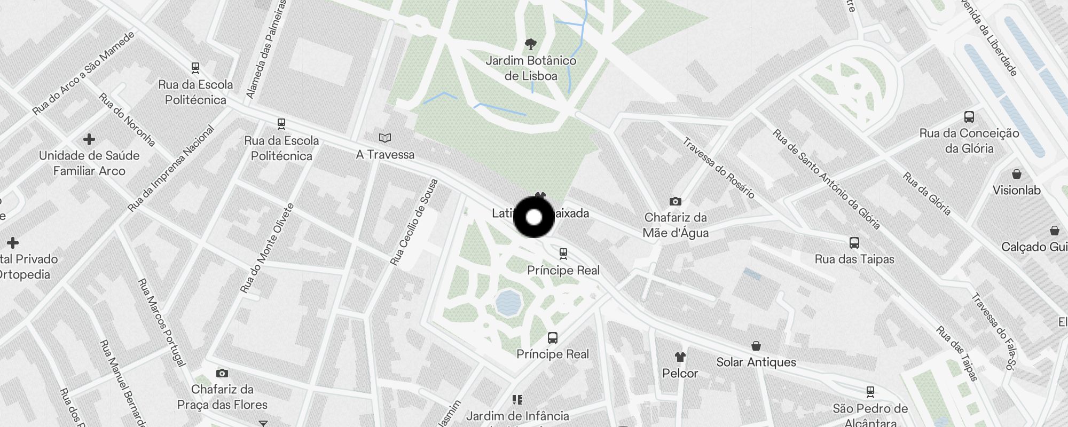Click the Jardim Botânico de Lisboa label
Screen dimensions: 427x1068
click(x=531, y=68)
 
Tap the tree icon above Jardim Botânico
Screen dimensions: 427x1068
click(x=531, y=44)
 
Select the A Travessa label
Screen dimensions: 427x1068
click(x=385, y=155)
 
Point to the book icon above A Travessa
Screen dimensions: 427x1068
click(x=385, y=138)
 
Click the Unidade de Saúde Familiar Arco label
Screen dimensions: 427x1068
click(x=89, y=163)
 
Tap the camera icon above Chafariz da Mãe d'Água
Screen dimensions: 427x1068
click(x=676, y=201)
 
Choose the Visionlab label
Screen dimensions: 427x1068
click(x=1016, y=190)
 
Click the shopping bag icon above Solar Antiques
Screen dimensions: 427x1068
click(x=756, y=346)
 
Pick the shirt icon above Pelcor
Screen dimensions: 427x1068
click(x=680, y=357)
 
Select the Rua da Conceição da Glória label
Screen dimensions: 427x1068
click(x=969, y=140)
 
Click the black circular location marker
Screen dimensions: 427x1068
click(x=534, y=217)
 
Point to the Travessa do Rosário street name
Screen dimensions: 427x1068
click(x=718, y=168)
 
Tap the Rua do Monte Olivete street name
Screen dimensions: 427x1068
click(x=267, y=248)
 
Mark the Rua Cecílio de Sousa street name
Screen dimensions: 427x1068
click(x=414, y=223)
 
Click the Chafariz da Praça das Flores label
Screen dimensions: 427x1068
click(x=222, y=397)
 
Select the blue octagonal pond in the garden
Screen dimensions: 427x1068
click(x=508, y=303)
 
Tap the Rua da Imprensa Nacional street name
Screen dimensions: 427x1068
click(x=171, y=169)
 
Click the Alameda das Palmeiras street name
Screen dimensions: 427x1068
click(x=266, y=50)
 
